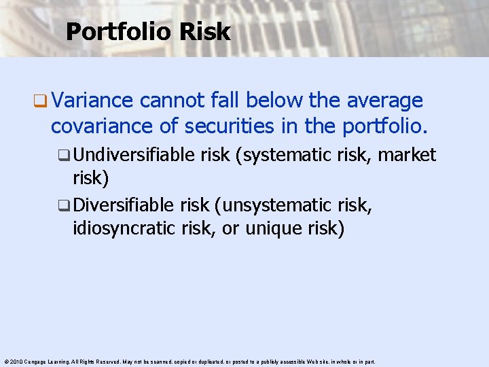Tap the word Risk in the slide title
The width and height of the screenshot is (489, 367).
tap(210, 31)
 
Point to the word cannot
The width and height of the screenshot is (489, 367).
tap(166, 101)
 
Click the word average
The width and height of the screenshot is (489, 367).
tap(384, 101)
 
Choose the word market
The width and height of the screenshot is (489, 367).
tap(407, 155)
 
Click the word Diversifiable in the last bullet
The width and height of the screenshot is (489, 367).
tap(124, 205)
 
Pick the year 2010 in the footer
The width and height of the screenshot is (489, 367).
tap(15, 362)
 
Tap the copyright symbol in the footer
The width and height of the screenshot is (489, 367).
tap(5, 362)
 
